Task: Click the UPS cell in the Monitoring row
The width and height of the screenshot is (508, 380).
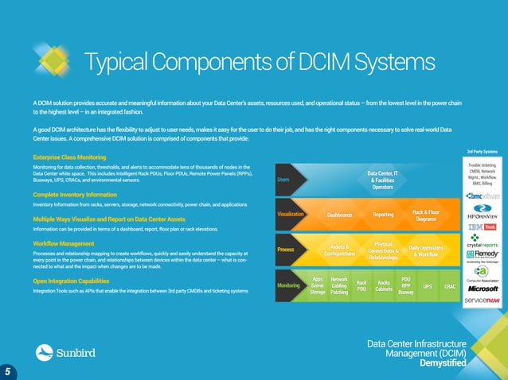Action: (x=428, y=286)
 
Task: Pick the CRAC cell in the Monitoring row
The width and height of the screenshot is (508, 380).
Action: (x=450, y=286)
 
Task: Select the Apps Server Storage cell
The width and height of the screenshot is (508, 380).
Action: (x=317, y=286)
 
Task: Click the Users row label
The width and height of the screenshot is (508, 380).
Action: (x=283, y=179)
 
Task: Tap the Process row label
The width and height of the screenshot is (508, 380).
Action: (x=286, y=250)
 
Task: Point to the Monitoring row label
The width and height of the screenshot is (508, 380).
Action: (x=287, y=285)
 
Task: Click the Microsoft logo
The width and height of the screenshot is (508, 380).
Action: (x=483, y=289)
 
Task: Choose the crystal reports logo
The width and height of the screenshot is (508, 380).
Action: (x=483, y=246)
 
